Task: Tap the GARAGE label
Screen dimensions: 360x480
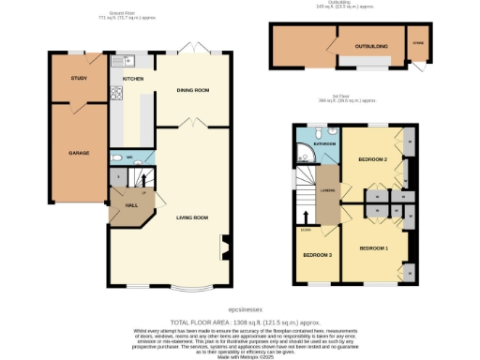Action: [78, 152]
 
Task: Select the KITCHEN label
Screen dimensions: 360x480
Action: [133, 79]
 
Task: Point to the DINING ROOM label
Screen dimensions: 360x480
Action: [193, 90]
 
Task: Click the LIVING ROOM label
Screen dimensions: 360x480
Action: [192, 217]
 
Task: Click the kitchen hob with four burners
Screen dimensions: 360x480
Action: [117, 93]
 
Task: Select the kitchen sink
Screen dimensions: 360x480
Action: [118, 62]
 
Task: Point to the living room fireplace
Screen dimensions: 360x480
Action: [224, 248]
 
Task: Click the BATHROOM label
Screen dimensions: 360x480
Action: [325, 143]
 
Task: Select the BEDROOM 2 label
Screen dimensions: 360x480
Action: [372, 160]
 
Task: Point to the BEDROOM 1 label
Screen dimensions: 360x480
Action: [373, 248]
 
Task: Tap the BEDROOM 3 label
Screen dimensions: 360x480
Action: [316, 255]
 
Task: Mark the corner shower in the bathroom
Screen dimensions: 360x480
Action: [306, 152]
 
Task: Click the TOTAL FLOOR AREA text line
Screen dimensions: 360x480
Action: [240, 321]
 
